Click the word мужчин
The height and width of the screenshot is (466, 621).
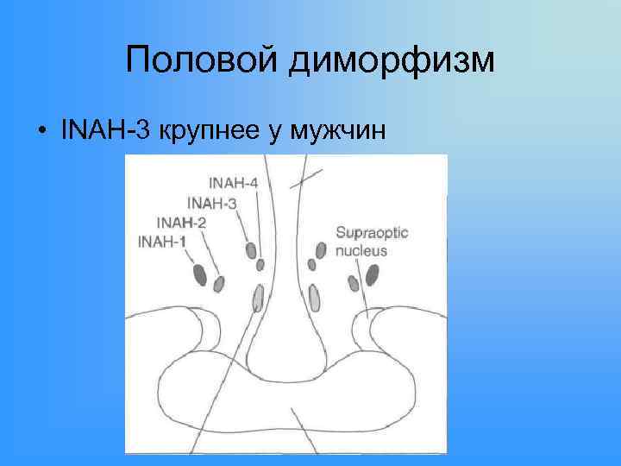344,132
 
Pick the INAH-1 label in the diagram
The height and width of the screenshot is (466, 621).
161,241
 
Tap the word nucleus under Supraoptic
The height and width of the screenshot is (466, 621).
361,251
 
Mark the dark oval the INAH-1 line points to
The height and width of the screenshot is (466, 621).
200,275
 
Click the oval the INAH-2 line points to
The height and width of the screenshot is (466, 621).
219,283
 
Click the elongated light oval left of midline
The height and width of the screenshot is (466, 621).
258,299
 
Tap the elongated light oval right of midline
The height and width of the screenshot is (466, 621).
314,297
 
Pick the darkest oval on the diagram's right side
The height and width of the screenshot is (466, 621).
373,275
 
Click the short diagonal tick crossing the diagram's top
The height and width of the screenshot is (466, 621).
307,178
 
